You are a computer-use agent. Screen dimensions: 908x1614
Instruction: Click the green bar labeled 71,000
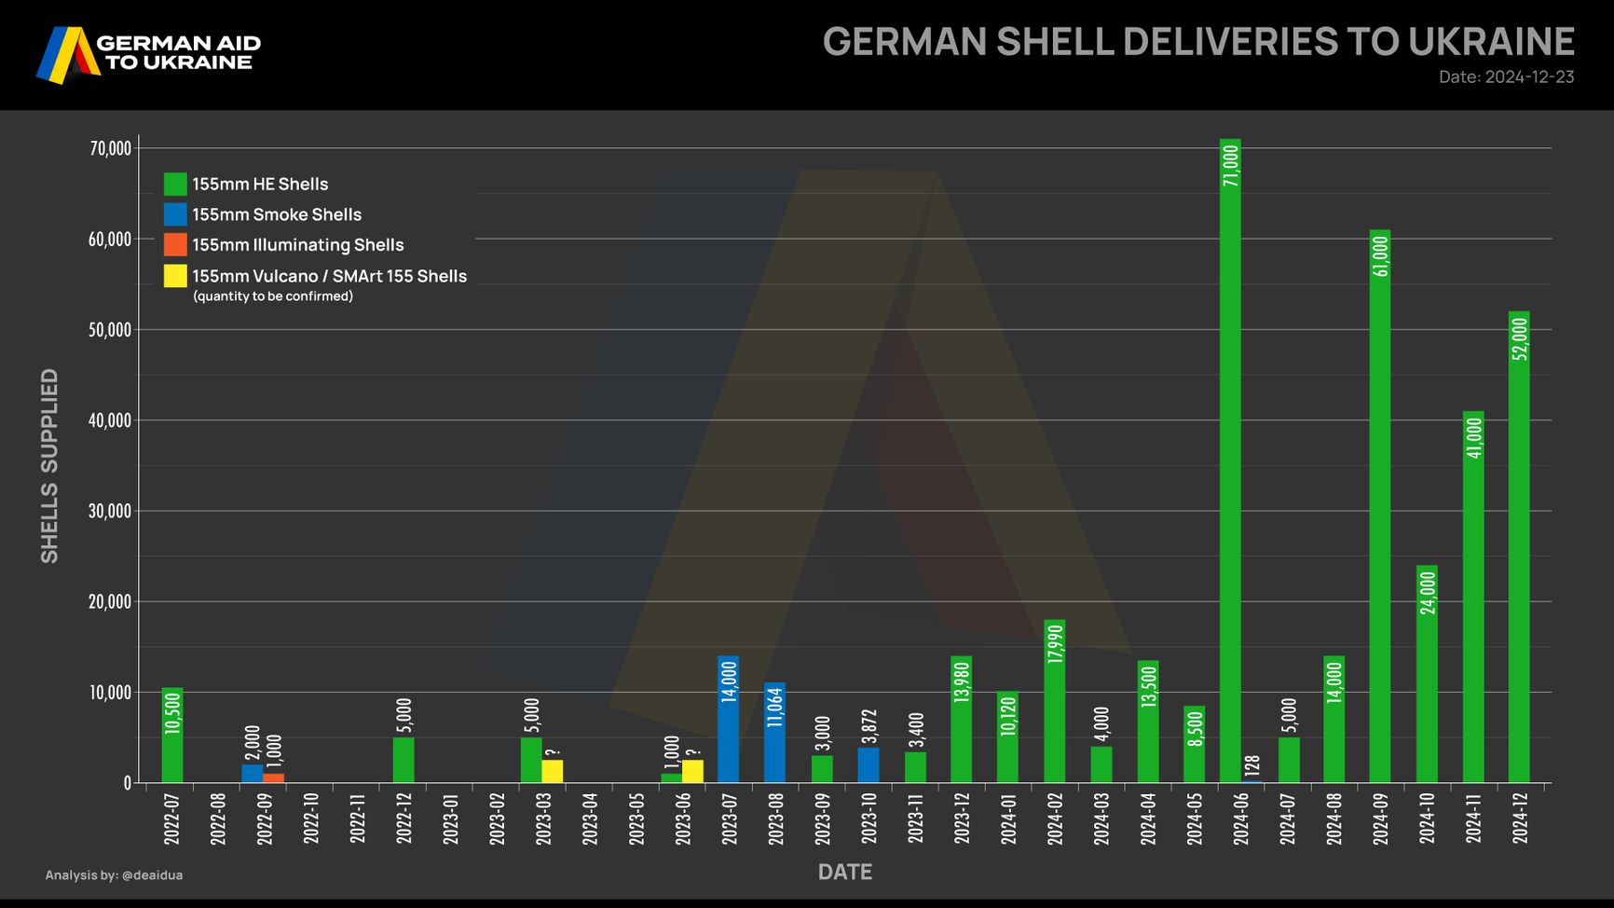point(1230,466)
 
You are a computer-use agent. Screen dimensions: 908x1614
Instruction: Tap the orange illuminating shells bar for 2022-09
point(273,777)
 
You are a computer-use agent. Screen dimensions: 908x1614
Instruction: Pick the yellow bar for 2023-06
point(692,771)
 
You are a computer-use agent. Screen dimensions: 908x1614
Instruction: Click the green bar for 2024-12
point(1519,559)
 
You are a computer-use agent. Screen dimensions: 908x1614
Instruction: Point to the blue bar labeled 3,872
point(869,764)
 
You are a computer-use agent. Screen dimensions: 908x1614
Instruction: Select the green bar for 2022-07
point(172,736)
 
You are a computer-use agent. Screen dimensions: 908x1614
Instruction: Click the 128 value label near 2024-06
point(1252,765)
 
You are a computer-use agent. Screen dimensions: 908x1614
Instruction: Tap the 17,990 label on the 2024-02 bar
point(1055,644)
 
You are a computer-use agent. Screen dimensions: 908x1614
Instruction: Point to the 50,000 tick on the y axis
point(110,330)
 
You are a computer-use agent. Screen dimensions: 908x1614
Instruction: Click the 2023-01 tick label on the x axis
point(451,819)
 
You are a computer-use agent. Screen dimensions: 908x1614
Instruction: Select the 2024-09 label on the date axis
point(1380,819)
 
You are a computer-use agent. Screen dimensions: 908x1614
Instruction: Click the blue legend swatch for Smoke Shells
point(175,214)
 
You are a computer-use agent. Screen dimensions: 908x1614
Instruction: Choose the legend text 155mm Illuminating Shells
point(298,245)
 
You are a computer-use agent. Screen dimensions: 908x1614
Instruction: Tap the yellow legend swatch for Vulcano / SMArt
point(175,276)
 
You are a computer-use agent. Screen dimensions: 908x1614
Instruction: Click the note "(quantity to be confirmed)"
point(273,296)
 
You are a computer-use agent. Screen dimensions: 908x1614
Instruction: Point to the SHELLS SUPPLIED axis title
point(49,465)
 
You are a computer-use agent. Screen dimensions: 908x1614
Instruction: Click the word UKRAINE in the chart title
point(1491,42)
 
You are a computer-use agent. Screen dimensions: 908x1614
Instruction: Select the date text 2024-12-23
point(1529,76)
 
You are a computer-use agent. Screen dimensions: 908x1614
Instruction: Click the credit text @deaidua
point(152,875)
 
